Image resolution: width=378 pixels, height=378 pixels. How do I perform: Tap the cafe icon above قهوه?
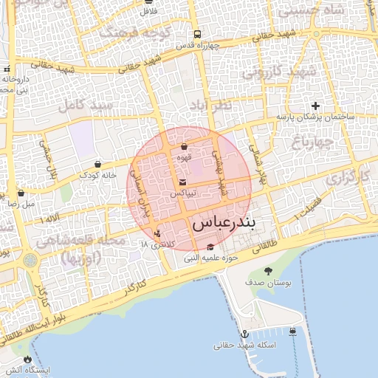[184, 147]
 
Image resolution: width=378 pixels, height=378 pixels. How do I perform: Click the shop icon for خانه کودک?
[98, 164]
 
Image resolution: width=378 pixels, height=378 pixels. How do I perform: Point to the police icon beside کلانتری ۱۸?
[157, 233]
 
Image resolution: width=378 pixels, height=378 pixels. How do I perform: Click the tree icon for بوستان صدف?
[267, 272]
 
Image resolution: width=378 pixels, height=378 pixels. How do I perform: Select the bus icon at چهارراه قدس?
[197, 34]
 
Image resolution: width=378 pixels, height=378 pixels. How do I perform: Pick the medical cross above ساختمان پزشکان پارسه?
[316, 106]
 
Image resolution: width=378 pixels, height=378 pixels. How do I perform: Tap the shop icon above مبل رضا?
[21, 193]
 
